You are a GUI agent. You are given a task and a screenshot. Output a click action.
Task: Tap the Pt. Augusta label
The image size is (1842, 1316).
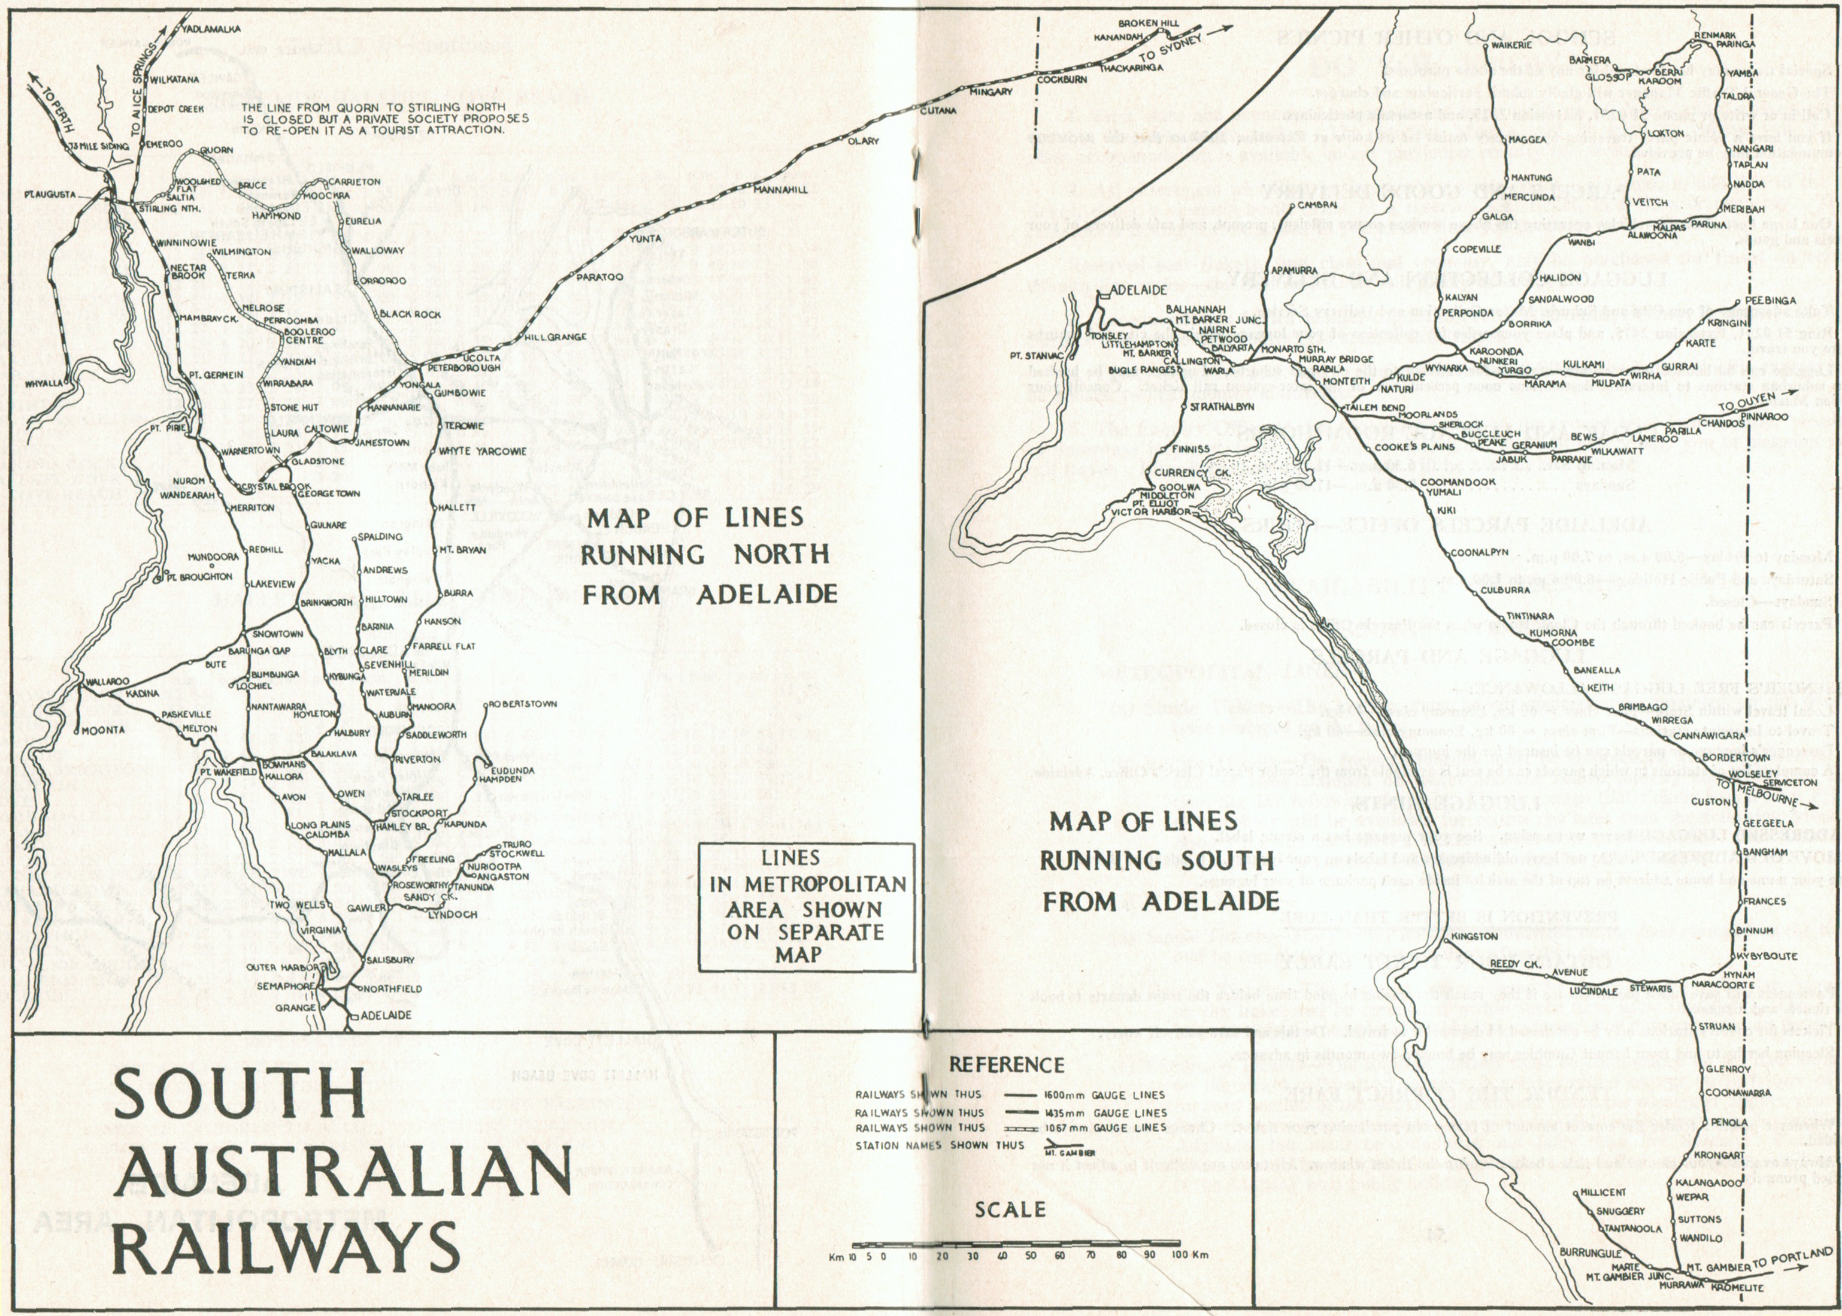click(x=50, y=195)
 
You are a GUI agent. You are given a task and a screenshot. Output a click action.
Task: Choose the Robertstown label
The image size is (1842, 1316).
click(x=523, y=704)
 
